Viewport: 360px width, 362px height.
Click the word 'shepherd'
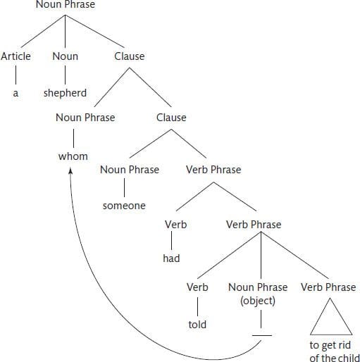(65, 93)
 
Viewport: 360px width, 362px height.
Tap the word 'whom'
(73, 156)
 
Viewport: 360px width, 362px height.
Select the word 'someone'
(124, 206)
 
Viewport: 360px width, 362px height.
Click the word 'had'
(171, 258)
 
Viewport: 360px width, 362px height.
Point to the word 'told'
(197, 325)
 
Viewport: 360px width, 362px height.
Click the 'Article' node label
(15, 56)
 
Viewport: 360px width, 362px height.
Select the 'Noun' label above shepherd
(66, 56)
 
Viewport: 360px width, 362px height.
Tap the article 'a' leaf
(15, 93)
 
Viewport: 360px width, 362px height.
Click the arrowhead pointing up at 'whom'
(70, 171)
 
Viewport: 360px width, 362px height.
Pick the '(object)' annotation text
(258, 301)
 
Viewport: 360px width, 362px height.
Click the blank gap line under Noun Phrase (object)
(262, 335)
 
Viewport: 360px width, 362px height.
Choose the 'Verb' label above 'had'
(175, 225)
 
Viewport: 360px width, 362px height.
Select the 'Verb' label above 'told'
(197, 287)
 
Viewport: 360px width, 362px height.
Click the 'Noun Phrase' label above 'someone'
(130, 170)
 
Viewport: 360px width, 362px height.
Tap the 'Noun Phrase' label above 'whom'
(85, 118)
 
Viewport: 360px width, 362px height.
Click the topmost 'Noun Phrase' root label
(66, 4)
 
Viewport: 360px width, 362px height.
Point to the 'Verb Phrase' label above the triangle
(328, 287)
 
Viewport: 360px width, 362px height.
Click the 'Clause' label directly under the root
(130, 56)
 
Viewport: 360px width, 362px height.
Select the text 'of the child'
(335, 358)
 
